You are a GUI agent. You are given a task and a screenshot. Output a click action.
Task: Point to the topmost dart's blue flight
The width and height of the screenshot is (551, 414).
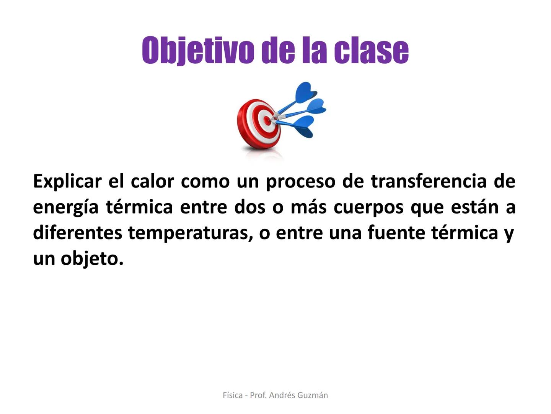306,92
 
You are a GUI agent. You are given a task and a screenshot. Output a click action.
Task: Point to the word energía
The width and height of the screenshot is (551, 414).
66,207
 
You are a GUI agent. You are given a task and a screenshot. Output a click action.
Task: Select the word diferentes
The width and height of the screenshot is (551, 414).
77,233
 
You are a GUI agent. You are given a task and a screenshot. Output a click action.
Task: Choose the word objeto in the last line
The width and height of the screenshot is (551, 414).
92,259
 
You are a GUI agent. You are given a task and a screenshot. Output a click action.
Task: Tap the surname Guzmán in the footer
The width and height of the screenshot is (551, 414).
313,395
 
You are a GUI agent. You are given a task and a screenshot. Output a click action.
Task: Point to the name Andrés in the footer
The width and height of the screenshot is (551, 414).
282,395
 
